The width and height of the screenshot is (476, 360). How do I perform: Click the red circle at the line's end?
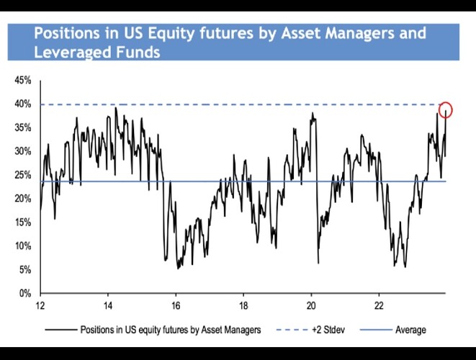(x=445, y=110)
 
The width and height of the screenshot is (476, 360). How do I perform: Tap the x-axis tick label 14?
(x=108, y=305)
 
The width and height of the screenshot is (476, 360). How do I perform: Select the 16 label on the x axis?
(x=176, y=305)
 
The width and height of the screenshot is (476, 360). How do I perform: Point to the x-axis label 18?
(x=243, y=305)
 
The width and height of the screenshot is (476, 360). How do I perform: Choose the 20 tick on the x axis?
(x=311, y=305)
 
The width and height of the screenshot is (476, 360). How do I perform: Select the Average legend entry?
(x=410, y=330)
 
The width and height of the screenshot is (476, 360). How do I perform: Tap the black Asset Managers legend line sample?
(x=60, y=330)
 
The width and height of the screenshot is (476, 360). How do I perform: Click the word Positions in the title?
(x=70, y=34)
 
